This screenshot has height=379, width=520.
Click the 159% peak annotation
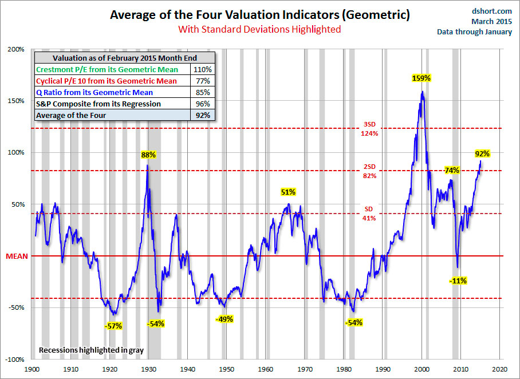click(421, 78)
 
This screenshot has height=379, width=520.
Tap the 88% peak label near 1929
click(149, 155)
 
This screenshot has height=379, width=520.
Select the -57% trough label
click(113, 326)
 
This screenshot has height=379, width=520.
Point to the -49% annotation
click(224, 319)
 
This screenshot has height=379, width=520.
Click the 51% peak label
click(288, 192)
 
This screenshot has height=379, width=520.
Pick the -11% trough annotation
click(458, 281)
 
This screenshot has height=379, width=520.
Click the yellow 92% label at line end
click(482, 153)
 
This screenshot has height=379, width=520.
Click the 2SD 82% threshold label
click(369, 171)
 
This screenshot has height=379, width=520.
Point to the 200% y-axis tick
click(15, 49)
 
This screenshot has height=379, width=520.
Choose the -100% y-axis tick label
click(14, 360)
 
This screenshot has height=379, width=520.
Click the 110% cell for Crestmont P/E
click(203, 69)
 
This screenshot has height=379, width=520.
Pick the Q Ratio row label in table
click(94, 92)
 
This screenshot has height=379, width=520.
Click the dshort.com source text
click(493, 11)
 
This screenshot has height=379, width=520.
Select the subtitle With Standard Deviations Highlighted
click(259, 29)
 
